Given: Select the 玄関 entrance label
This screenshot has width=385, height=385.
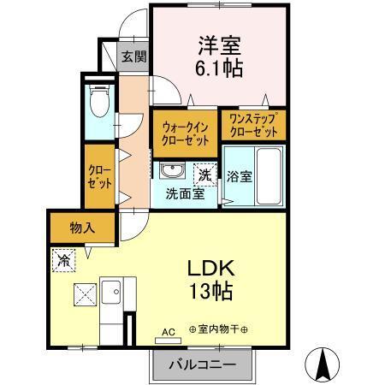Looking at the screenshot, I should click(x=133, y=57).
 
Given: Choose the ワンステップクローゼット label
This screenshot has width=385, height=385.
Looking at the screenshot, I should click(x=252, y=127).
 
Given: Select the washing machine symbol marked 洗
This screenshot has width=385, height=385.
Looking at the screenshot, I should click(x=204, y=174).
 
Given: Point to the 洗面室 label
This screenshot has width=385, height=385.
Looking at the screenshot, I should click(x=185, y=193).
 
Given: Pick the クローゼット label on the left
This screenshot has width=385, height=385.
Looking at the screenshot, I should click(x=99, y=176).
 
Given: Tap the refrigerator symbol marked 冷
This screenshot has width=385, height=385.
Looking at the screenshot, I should click(x=63, y=259).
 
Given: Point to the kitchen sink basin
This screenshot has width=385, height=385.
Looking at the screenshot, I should click(x=111, y=293).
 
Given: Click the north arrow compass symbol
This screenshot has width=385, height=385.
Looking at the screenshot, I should click(x=324, y=365).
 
